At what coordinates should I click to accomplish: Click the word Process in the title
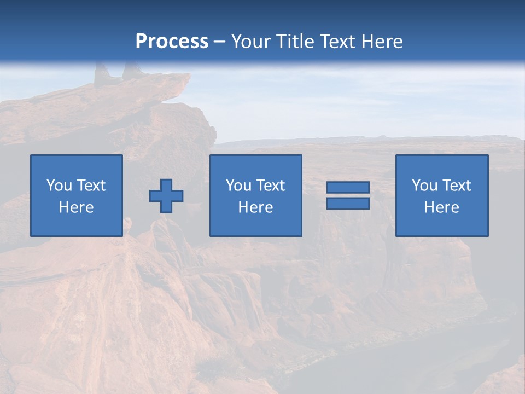coord(172,42)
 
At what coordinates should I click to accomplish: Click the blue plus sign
coord(166,196)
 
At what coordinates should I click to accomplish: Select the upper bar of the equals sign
coord(348,187)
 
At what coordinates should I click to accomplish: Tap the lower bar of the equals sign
coord(348,204)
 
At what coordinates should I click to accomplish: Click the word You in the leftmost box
coord(59,186)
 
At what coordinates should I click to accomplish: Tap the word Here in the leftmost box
coord(77,207)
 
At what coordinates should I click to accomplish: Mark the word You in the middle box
coord(238,186)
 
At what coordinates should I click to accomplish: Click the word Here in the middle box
coord(256,207)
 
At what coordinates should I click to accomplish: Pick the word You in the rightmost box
coord(424,186)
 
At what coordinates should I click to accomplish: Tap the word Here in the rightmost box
coord(442,207)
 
